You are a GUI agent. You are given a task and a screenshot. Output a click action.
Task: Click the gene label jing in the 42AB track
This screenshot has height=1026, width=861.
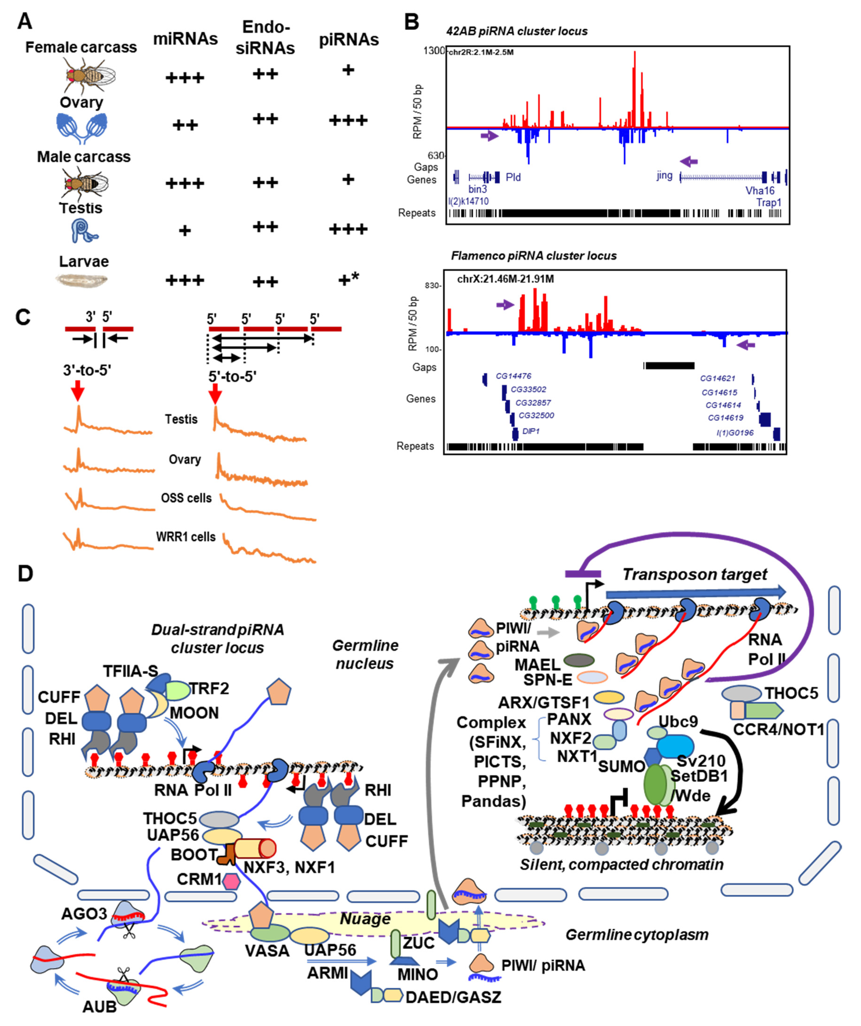coord(664,175)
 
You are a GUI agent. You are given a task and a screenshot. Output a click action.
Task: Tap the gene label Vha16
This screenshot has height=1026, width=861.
coord(760,191)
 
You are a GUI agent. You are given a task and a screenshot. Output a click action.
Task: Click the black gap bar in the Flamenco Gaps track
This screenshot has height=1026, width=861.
coord(669,365)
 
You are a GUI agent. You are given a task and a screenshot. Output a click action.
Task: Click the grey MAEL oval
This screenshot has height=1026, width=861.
coord(579,661)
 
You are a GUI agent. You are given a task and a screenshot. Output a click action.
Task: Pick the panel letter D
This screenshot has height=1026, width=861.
coord(25,573)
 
